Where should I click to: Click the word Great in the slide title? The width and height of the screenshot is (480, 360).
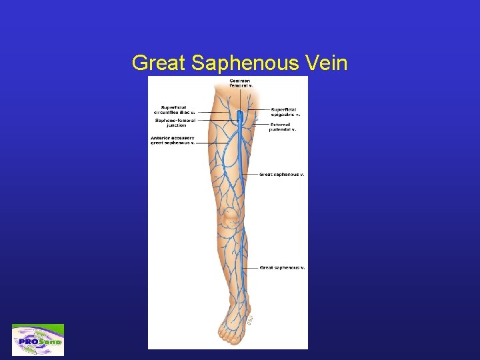159,63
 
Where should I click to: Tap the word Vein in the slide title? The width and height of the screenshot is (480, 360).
331,63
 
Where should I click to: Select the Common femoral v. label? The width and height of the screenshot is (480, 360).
241,83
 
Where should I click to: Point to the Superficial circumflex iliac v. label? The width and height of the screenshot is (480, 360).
177,110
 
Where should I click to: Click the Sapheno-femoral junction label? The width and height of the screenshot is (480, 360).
175,122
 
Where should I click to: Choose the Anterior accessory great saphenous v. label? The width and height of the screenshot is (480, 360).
173,140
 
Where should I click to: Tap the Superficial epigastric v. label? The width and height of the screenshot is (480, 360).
285,112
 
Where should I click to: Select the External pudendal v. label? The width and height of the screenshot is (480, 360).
283,127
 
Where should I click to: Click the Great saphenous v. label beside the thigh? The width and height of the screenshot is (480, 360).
281,174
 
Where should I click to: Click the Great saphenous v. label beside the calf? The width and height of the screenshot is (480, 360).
282,267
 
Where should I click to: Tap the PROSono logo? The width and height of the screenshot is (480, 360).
38,340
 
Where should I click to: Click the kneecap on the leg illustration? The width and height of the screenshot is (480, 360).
231,215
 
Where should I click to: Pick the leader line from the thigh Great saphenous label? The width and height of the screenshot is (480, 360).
249,174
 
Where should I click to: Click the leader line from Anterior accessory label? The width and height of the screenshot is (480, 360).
207,143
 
